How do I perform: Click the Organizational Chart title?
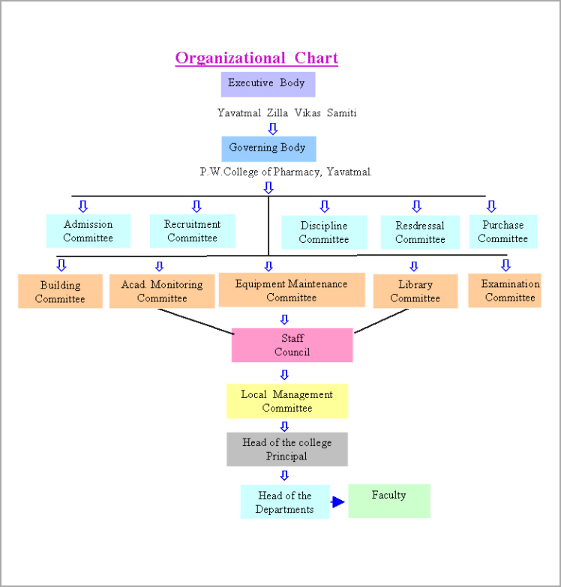tap(256, 58)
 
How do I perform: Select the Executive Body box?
tap(268, 83)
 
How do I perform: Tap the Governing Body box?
tap(268, 148)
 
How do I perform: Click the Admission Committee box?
tap(88, 231)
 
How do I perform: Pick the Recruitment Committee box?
tap(193, 231)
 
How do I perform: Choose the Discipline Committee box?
tap(324, 232)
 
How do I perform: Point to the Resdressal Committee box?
tap(420, 232)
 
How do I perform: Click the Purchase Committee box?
tap(503, 232)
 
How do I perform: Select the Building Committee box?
tap(60, 292)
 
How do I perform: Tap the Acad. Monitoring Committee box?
tap(162, 292)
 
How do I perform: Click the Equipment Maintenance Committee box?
tap(292, 290)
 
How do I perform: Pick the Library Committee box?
tap(415, 292)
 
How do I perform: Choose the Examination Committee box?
tap(510, 291)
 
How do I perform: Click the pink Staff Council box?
tap(292, 345)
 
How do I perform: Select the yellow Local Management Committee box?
tap(287, 401)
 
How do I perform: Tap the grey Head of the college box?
tap(287, 449)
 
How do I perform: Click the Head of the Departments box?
tap(285, 502)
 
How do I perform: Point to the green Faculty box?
tap(389, 501)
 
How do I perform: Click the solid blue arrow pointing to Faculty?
tap(338, 502)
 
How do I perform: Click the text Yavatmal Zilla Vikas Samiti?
tap(287, 113)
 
